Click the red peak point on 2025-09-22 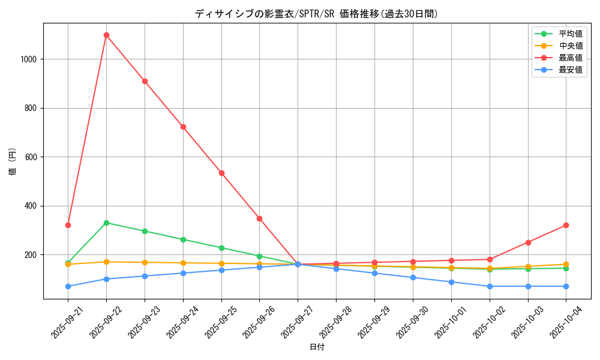point(106,35)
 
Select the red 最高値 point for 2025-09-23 point(145,81)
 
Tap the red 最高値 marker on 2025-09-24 point(183,127)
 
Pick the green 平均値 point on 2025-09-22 point(106,223)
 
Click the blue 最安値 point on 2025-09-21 point(68,286)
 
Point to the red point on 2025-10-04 point(566,225)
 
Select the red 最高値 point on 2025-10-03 point(528,242)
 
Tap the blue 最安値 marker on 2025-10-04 point(566,286)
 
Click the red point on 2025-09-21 point(68,225)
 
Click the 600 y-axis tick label point(31,157)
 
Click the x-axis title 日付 point(317,347)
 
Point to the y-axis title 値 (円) point(13,161)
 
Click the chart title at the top point(317,14)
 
